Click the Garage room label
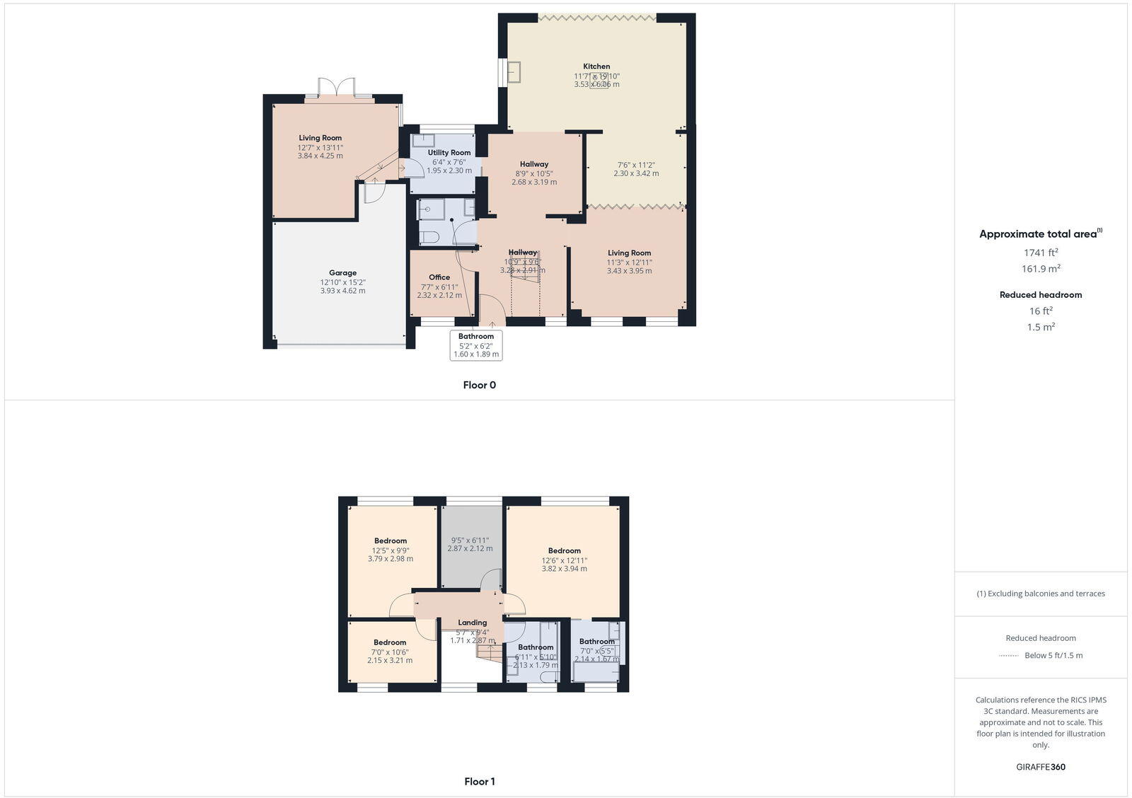tap(342, 273)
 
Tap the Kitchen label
tap(596, 66)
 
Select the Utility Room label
tap(449, 153)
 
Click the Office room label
tap(439, 277)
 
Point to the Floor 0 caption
tap(479, 386)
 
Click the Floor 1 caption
tap(479, 782)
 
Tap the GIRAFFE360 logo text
tap(1040, 767)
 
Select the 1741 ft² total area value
tap(1041, 253)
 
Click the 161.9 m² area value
tap(1041, 269)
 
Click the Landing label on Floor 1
tap(472, 623)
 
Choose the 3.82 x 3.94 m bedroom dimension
tap(564, 569)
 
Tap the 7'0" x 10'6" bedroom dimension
tap(390, 652)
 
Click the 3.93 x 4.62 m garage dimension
tap(342, 291)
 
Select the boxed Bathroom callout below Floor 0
tap(476, 345)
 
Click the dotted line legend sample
tap(1008, 656)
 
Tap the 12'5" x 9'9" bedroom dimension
tap(391, 550)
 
